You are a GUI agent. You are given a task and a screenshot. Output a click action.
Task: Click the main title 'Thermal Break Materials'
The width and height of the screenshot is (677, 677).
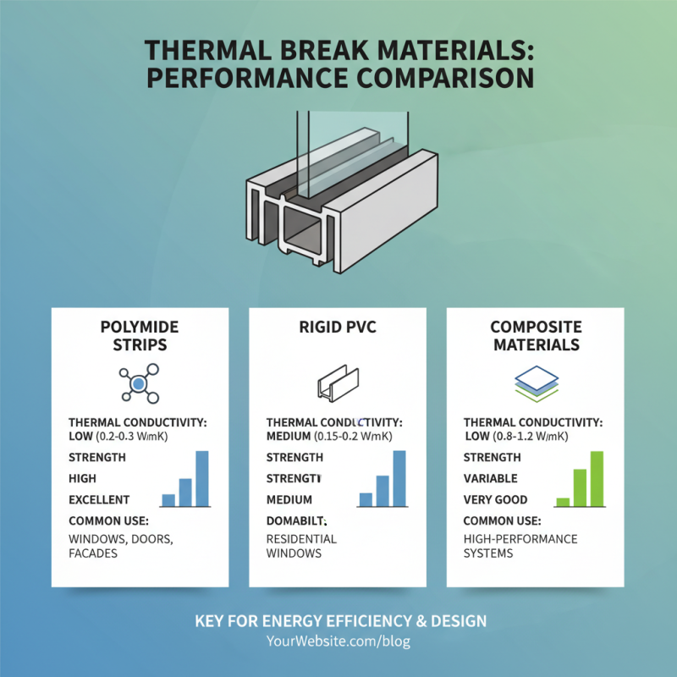pyautogui.click(x=338, y=51)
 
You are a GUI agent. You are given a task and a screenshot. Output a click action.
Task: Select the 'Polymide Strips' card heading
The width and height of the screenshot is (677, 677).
pyautogui.click(x=140, y=336)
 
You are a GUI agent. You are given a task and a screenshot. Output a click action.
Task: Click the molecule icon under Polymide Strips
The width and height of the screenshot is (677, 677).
pyautogui.click(x=139, y=385)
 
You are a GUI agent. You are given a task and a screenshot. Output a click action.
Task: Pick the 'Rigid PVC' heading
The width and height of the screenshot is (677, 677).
pyautogui.click(x=337, y=327)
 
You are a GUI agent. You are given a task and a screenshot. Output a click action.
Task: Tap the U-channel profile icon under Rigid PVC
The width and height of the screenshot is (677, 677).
pyautogui.click(x=337, y=383)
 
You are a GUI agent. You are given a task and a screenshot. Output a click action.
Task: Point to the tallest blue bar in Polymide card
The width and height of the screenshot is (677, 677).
pyautogui.click(x=201, y=478)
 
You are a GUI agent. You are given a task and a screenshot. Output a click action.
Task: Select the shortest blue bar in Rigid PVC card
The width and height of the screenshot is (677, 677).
pyautogui.click(x=366, y=499)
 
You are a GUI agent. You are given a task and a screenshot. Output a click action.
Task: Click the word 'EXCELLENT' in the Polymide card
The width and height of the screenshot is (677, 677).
pyautogui.click(x=99, y=499)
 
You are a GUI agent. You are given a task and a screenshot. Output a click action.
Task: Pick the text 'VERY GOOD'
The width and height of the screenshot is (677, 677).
pyautogui.click(x=495, y=499)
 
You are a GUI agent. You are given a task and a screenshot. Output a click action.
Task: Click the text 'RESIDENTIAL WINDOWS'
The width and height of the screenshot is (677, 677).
pyautogui.click(x=301, y=546)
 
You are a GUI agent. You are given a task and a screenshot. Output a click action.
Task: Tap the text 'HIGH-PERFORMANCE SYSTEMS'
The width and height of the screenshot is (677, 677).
pyautogui.click(x=520, y=546)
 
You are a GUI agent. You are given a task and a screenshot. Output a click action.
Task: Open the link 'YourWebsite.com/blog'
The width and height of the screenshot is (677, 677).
pyautogui.click(x=338, y=641)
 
